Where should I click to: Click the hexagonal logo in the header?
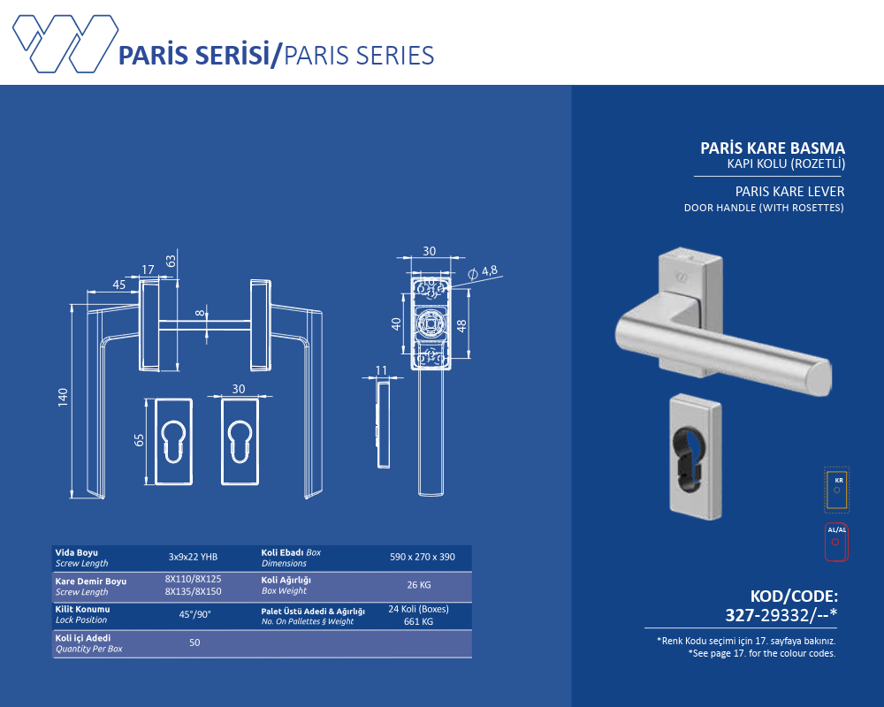click(x=65, y=44)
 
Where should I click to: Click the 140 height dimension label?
click(x=63, y=397)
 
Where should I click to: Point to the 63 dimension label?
click(x=171, y=261)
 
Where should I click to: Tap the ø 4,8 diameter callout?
click(x=484, y=271)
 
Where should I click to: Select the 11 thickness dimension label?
click(x=381, y=370)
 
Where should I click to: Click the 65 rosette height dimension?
click(x=140, y=440)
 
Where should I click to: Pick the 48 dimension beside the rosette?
click(x=461, y=325)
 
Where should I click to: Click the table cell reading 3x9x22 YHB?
click(x=193, y=557)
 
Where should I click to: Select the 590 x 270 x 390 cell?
click(x=423, y=557)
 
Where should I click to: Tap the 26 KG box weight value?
click(x=419, y=585)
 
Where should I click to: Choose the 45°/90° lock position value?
click(x=194, y=614)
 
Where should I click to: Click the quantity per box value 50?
click(x=194, y=642)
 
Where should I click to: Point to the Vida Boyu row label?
click(x=77, y=552)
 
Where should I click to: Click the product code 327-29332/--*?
click(x=781, y=614)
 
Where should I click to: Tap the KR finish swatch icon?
click(x=836, y=490)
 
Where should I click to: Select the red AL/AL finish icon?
click(x=836, y=543)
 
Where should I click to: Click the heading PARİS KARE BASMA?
click(x=773, y=148)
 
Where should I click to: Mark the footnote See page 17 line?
click(x=762, y=653)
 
